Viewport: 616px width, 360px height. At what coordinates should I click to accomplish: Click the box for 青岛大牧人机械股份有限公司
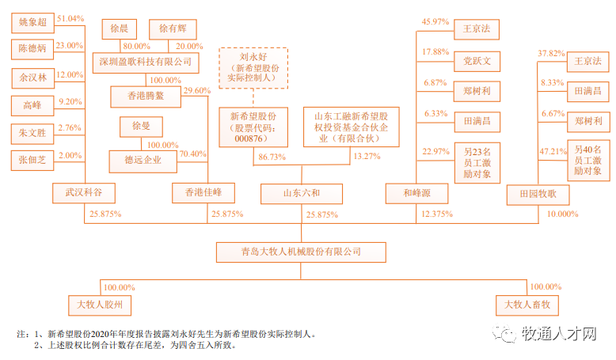(x=301, y=252)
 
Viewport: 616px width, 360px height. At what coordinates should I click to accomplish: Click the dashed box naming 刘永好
(x=253, y=68)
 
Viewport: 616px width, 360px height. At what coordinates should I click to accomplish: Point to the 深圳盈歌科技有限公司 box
(x=144, y=61)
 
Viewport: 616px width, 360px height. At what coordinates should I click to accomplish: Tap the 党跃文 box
(x=476, y=62)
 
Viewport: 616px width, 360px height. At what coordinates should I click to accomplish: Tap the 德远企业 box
(x=143, y=160)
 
